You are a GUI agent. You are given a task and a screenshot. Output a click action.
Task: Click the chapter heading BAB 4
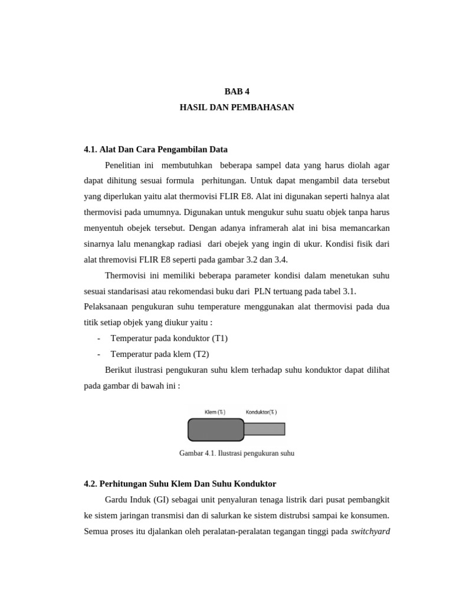237,91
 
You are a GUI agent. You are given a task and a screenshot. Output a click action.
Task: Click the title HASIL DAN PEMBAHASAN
237,107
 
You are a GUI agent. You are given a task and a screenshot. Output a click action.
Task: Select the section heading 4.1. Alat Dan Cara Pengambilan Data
156,149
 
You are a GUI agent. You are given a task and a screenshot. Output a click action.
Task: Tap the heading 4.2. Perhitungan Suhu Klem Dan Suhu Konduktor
180,483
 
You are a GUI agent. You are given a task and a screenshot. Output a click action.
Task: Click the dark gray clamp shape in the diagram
215,429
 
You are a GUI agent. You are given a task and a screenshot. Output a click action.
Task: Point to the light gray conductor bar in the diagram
264,429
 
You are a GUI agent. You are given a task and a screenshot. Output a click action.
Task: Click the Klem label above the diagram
215,412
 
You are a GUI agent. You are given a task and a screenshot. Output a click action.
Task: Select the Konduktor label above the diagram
261,412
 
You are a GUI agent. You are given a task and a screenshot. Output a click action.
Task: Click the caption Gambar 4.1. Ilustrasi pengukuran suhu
237,453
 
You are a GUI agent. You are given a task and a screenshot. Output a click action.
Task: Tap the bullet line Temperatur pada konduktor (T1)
169,338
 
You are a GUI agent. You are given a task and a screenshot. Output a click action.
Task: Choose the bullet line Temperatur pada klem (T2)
160,354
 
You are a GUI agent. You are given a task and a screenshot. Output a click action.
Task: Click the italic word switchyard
370,531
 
